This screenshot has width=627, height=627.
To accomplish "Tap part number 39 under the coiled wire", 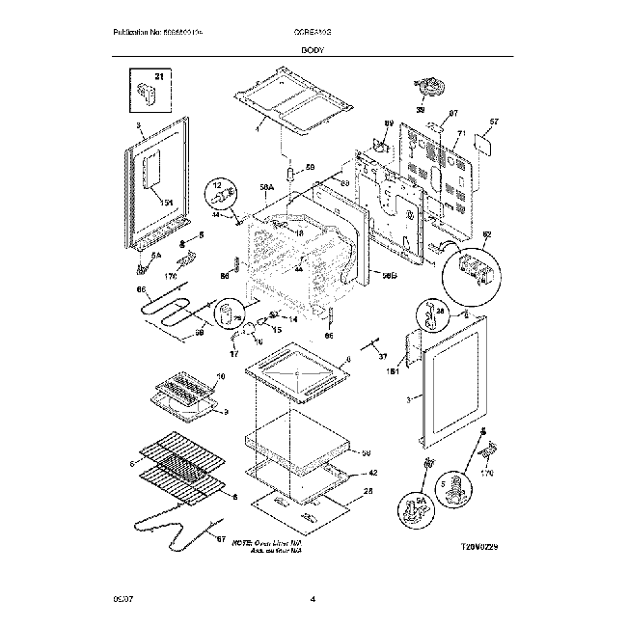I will tap(420, 111).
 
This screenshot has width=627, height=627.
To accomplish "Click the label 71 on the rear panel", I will tap(461, 132).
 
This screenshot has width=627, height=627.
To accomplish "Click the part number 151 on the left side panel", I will tap(167, 202).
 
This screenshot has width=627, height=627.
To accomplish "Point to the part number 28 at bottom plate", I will tap(368, 492).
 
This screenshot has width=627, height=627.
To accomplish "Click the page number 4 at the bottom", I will tap(313, 600).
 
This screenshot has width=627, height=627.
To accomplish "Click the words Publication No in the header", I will tap(135, 33).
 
